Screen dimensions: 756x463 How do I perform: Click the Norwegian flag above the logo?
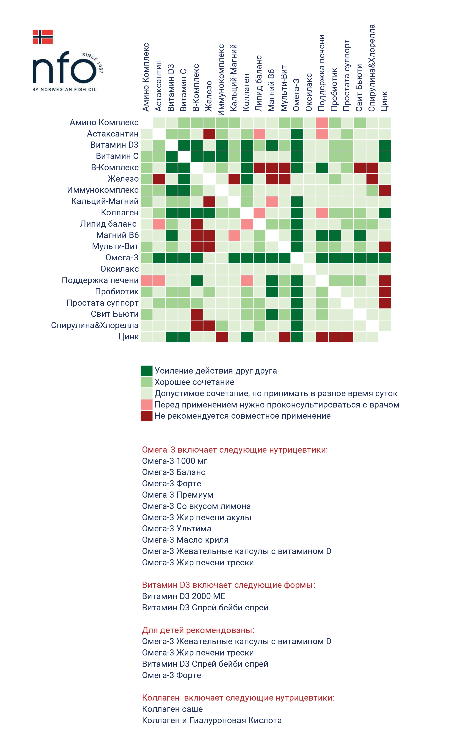[x=43, y=37]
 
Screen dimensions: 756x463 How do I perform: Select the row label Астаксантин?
[x=113, y=134]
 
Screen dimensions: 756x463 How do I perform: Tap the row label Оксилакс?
[x=119, y=269]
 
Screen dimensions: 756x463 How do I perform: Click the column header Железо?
[x=209, y=96]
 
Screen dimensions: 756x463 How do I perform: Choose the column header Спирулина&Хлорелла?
[x=372, y=68]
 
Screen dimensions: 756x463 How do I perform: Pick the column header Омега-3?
[x=296, y=95]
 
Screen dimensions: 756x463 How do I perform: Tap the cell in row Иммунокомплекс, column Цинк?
[x=385, y=190]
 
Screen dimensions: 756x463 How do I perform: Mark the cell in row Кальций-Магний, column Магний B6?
[x=272, y=202]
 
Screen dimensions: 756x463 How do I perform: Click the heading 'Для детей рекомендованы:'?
[x=198, y=630]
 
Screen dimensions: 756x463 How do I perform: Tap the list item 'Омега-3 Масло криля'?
[x=185, y=540]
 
